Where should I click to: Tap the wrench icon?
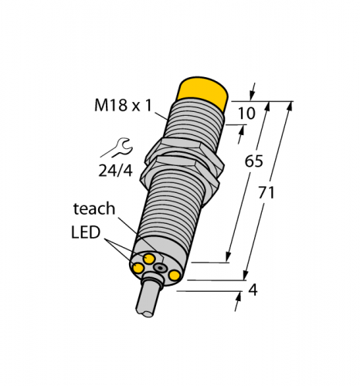pyautogui.click(x=125, y=145)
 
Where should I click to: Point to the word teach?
pyautogui.click(x=94, y=208)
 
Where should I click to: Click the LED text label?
pyautogui.click(x=86, y=232)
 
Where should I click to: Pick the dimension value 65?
pyautogui.click(x=253, y=161)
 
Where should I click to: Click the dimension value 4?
pyautogui.click(x=253, y=291)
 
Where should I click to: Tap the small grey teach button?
pyautogui.click(x=159, y=267)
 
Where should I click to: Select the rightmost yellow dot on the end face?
pyautogui.click(x=175, y=276)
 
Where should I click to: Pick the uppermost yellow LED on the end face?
pyautogui.click(x=148, y=256)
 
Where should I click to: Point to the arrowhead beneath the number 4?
pyautogui.click(x=237, y=306)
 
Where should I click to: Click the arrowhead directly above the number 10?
pyautogui.click(x=256, y=88)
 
